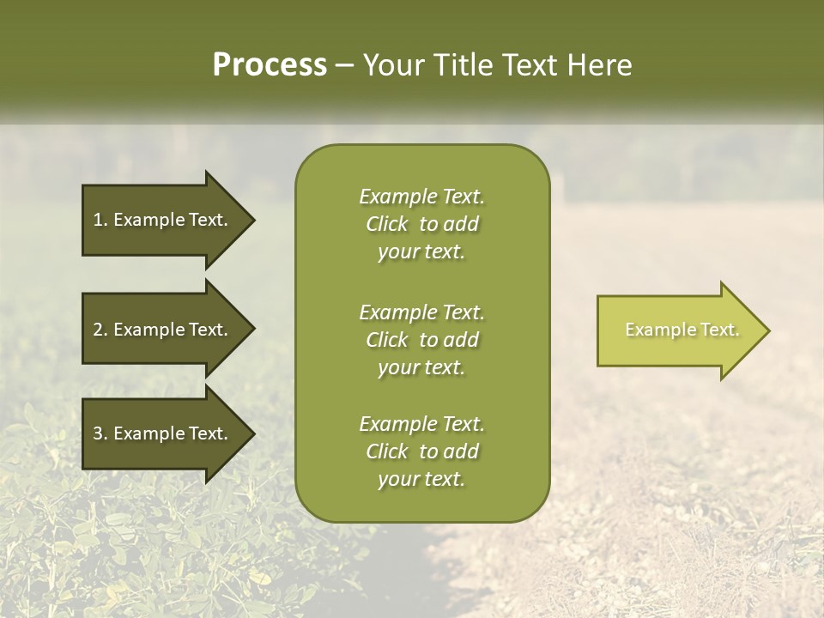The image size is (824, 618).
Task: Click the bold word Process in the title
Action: (270, 64)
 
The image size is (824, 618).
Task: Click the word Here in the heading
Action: (598, 64)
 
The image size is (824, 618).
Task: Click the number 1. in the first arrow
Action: (100, 220)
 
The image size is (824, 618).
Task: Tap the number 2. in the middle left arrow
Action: (100, 330)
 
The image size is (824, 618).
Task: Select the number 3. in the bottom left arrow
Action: (100, 433)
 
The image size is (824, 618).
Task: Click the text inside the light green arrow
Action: (682, 330)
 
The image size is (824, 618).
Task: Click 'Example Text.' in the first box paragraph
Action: (421, 197)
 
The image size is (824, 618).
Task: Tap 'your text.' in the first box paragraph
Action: (421, 252)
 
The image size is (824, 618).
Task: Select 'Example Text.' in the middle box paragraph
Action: (421, 312)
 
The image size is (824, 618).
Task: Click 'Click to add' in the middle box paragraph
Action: (421, 340)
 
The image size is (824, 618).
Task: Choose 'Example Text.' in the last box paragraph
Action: (421, 424)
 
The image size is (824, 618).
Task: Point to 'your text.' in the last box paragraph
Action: (421, 480)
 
